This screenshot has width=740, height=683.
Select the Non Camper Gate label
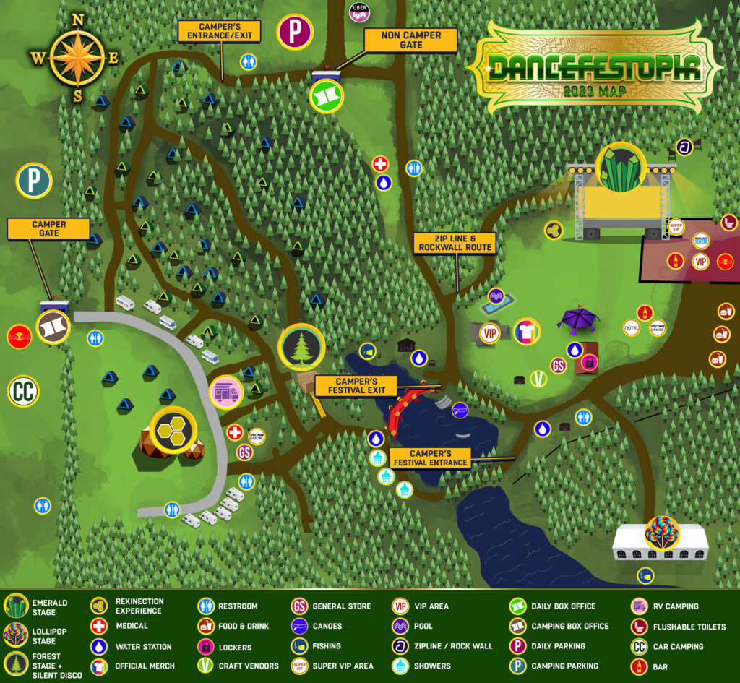[x=410, y=40]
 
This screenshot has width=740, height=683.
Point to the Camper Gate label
[x=48, y=229]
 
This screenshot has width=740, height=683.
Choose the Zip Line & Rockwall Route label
[x=455, y=243]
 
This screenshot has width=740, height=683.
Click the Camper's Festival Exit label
[x=356, y=386]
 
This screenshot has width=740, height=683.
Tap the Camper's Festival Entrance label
[x=429, y=458]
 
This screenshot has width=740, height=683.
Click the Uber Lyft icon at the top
[x=359, y=13]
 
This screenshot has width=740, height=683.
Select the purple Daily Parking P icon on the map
[x=295, y=32]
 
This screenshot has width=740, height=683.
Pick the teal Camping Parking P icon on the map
[x=34, y=181]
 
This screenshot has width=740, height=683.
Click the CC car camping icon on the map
[x=23, y=391]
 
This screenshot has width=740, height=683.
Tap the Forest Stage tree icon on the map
[x=301, y=347]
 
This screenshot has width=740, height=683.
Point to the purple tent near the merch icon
[x=578, y=319]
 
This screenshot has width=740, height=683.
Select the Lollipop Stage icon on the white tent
[x=662, y=533]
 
